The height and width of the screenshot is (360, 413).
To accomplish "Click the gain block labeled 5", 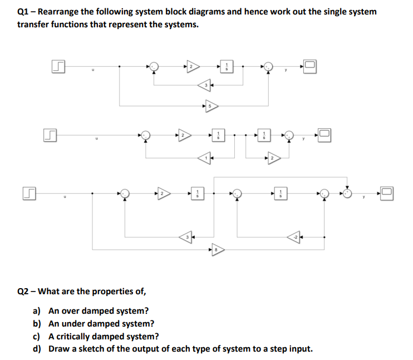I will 211,105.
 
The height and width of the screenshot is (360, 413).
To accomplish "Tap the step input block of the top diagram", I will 58,67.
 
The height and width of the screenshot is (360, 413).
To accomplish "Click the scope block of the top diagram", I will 311,67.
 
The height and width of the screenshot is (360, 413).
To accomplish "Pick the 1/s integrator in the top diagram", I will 227,67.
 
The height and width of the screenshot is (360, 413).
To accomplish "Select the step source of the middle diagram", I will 50,135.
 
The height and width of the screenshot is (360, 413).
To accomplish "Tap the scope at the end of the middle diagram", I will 325,134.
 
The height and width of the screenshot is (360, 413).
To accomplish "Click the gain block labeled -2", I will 294,237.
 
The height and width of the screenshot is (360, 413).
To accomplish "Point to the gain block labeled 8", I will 217,250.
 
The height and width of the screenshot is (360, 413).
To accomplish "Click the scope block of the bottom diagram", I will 388,193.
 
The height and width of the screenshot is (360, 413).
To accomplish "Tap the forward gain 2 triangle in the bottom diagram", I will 162,193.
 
